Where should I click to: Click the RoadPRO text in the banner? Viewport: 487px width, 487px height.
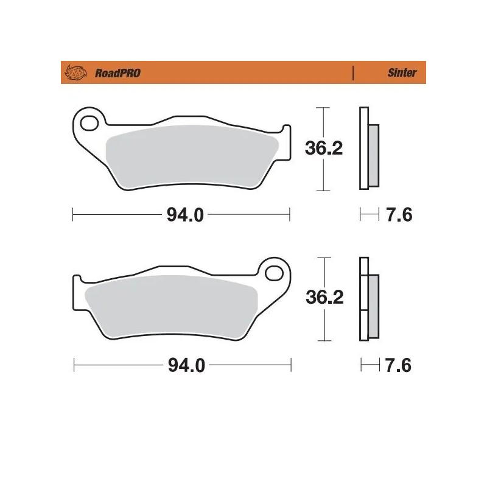[x=117, y=73]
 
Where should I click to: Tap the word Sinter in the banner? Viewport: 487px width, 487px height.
[x=402, y=73]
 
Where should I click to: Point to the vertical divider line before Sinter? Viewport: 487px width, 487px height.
[x=353, y=73]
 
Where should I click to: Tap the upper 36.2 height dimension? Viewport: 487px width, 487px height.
[x=324, y=149]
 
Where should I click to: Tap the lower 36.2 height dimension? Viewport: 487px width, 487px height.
[x=324, y=298]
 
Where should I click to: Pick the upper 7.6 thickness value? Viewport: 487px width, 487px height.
[x=400, y=215]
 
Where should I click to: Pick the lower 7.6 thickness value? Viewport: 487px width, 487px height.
[x=400, y=366]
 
